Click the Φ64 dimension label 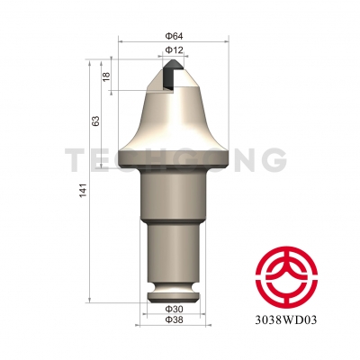click(x=174, y=37)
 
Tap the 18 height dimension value click(x=106, y=78)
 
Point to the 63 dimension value click(x=95, y=120)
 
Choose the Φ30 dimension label click(x=174, y=308)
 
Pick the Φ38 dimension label click(x=174, y=319)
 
